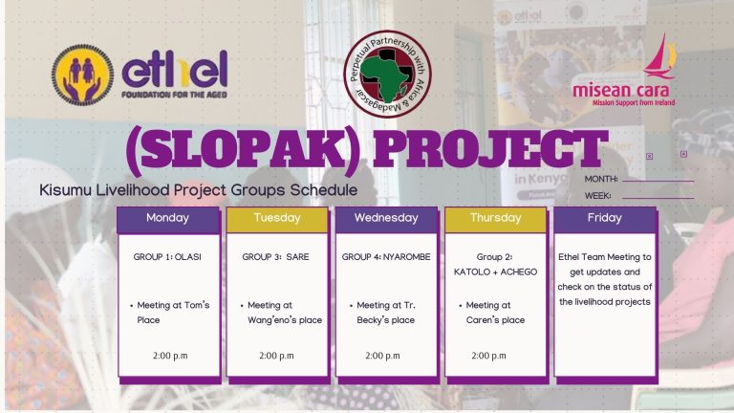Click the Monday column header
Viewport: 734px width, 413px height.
pos(168,218)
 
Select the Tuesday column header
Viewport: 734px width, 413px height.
pos(277,218)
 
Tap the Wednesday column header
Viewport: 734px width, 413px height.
pos(386,218)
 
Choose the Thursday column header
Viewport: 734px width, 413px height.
pos(495,218)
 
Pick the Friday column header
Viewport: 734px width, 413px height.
pos(604,218)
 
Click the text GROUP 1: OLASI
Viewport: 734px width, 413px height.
pos(167,257)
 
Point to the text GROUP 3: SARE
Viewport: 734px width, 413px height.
pos(275,257)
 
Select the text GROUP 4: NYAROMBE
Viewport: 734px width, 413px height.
pos(385,257)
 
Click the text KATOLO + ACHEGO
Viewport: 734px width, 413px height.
pos(495,272)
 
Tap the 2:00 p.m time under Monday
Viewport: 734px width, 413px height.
pos(169,356)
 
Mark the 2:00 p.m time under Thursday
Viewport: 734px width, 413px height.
pos(488,356)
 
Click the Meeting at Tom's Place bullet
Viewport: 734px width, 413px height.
pos(172,313)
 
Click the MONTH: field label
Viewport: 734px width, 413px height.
pos(601,180)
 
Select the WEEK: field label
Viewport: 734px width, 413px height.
pos(598,196)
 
